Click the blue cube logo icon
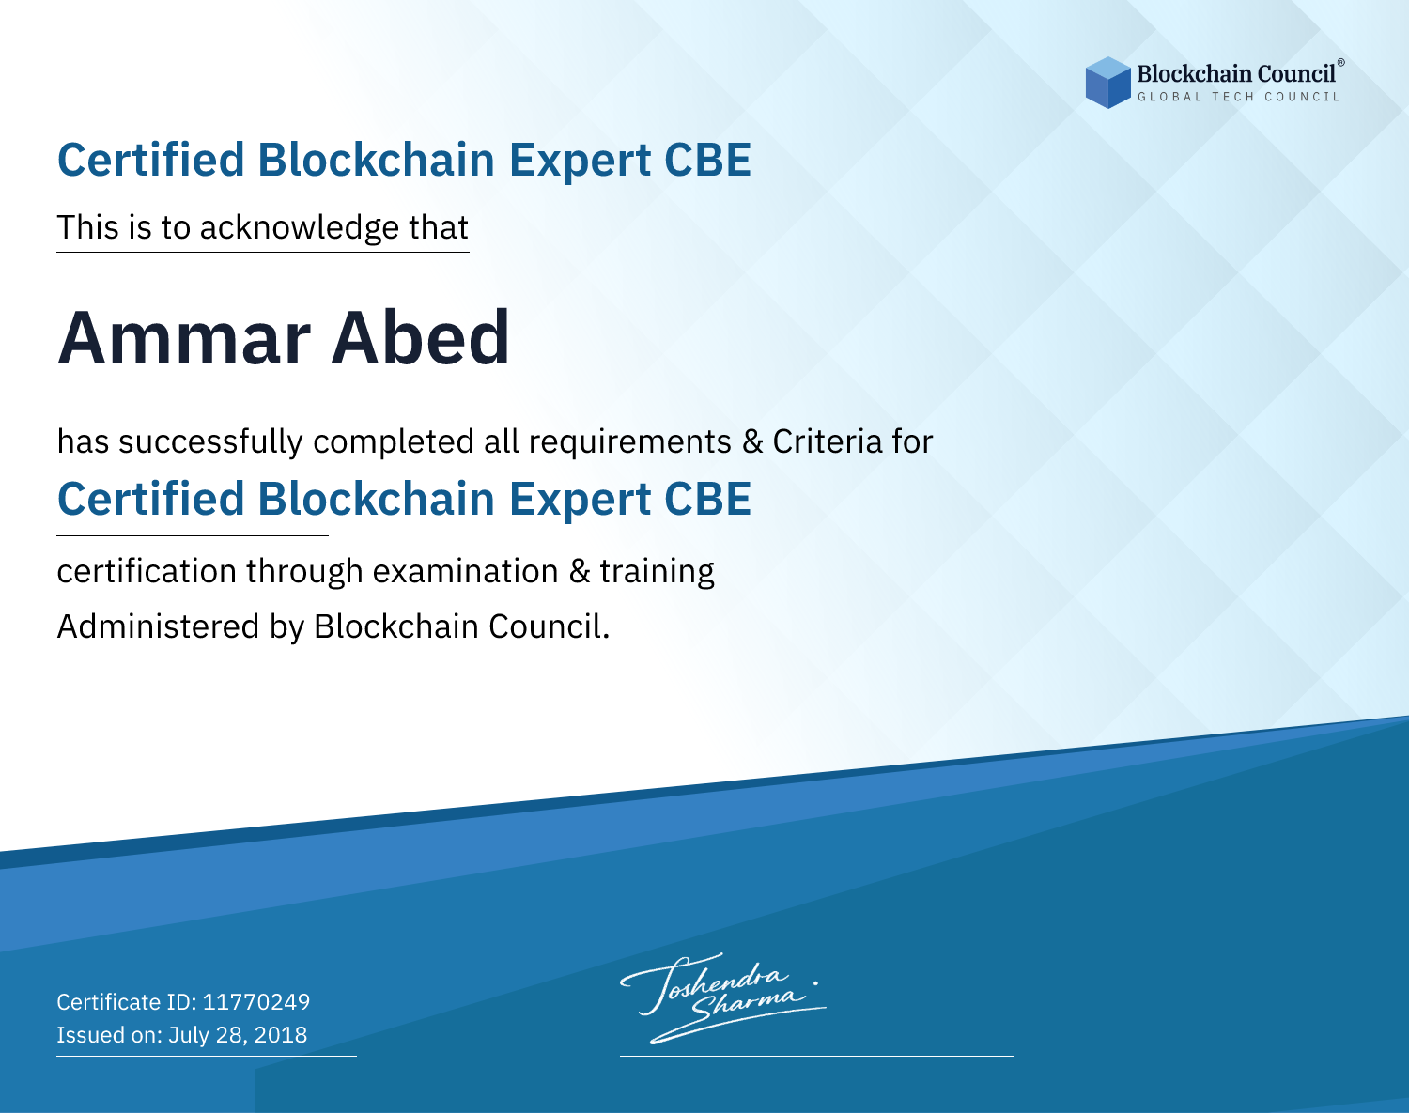coord(1107,83)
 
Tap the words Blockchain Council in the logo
coord(1236,74)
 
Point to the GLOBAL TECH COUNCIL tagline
coord(1238,97)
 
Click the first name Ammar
coord(184,338)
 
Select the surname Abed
coord(420,337)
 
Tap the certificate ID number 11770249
coord(256,1001)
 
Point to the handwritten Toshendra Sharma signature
coord(722,998)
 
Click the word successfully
coord(210,442)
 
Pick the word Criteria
coord(827,441)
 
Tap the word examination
coord(466,571)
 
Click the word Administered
coord(158,626)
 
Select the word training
coord(657,572)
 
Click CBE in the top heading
coord(707,161)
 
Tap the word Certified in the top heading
coord(150,160)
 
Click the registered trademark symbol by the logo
coord(1341,62)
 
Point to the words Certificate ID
coord(127,1001)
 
